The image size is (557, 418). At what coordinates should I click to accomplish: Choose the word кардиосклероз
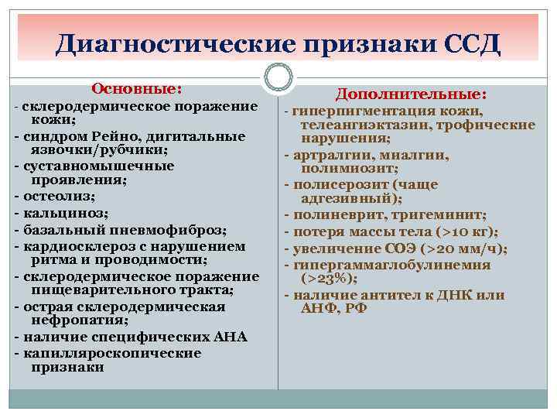(x=75, y=246)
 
